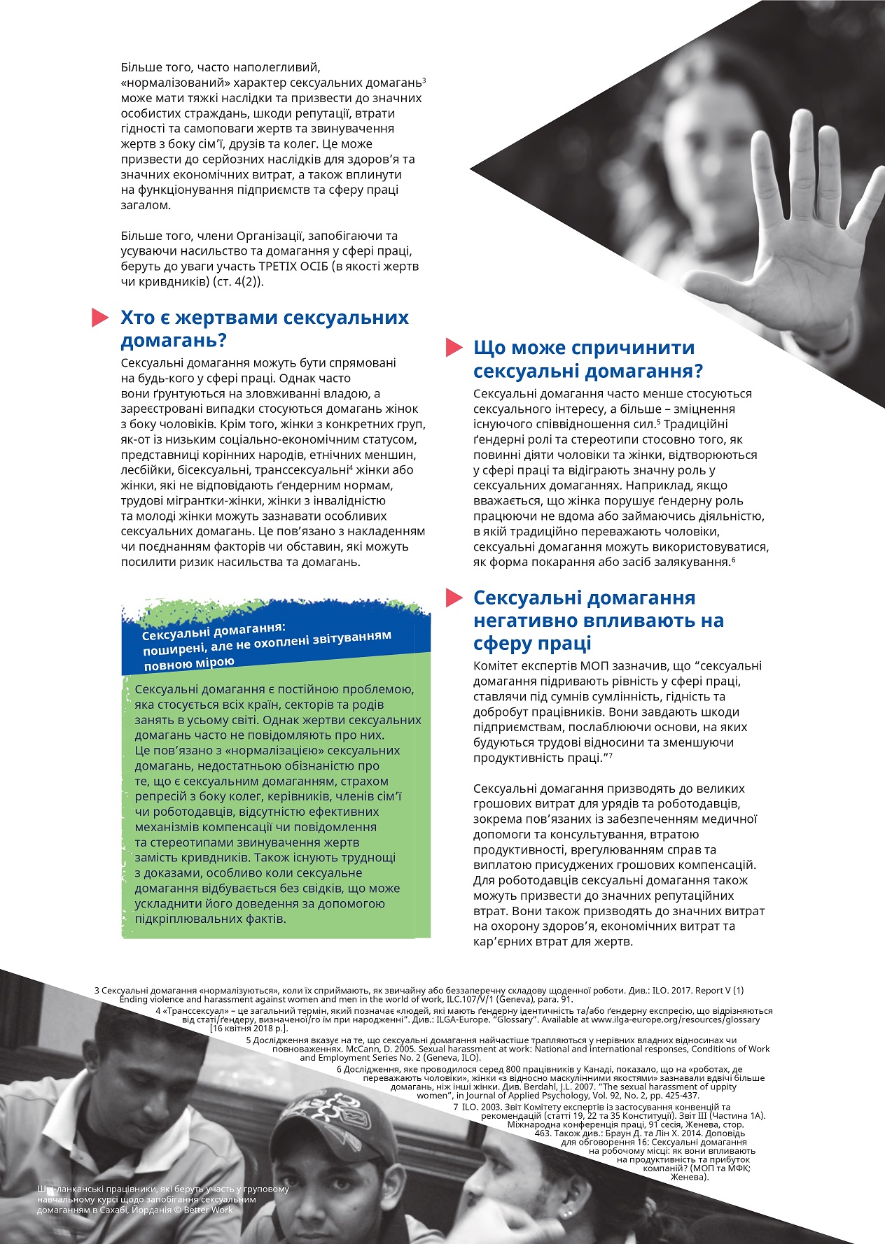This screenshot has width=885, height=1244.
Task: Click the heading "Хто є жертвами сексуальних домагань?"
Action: point(265,329)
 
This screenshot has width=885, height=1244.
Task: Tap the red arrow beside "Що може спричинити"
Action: point(454,347)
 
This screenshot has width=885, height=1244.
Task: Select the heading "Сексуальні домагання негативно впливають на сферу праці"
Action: point(599,620)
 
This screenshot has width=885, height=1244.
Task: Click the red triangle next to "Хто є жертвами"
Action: point(100,318)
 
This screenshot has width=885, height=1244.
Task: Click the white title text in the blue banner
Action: point(266,644)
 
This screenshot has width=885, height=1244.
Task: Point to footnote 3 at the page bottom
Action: point(420,995)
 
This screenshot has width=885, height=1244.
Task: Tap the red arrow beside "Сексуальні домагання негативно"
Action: point(454,598)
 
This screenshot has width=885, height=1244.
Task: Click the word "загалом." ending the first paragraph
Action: point(145,206)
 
